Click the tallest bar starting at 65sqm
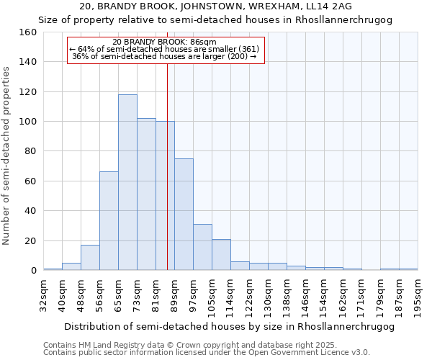point(127,182)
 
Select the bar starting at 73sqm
point(146,194)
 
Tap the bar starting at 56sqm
point(109,221)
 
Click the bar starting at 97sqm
point(202,247)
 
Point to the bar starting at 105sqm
point(221,255)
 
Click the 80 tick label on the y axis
point(29,151)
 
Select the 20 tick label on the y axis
point(29,240)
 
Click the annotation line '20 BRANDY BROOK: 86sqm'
point(165,42)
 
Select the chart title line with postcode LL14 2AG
point(216,6)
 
